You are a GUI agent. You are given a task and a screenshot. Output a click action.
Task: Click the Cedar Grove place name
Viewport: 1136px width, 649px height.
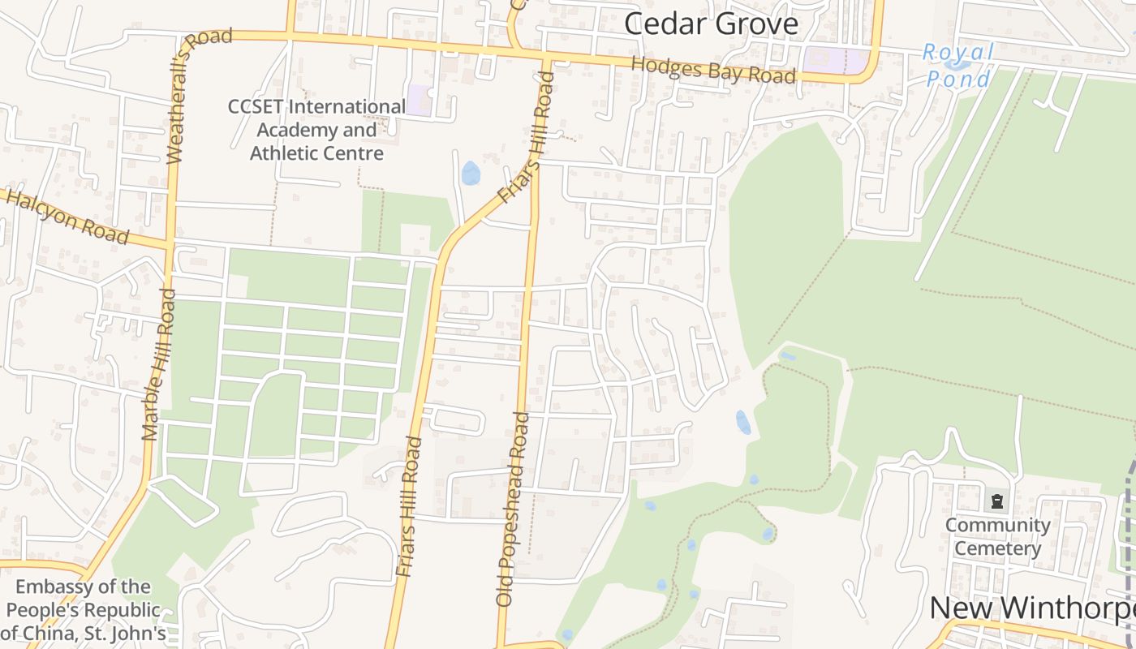[711, 24]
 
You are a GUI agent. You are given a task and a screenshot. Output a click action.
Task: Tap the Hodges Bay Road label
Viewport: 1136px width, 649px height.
[712, 70]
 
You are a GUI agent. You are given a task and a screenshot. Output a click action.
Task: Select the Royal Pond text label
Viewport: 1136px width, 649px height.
[958, 66]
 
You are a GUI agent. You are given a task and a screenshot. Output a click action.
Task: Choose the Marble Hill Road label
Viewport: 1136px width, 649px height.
[159, 364]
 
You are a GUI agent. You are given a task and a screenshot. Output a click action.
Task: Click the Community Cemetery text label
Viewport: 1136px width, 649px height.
[997, 536]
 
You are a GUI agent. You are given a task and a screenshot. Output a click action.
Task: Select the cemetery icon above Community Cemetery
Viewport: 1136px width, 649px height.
[997, 501]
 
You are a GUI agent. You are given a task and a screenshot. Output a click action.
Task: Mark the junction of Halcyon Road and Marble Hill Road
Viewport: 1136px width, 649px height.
[170, 243]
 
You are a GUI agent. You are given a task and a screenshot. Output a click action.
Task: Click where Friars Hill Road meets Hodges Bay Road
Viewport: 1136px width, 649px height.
[545, 59]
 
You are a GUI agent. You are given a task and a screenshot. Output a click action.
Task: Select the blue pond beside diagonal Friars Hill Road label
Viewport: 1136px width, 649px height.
[470, 173]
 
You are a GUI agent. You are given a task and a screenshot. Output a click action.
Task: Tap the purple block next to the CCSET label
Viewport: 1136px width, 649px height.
[420, 100]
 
